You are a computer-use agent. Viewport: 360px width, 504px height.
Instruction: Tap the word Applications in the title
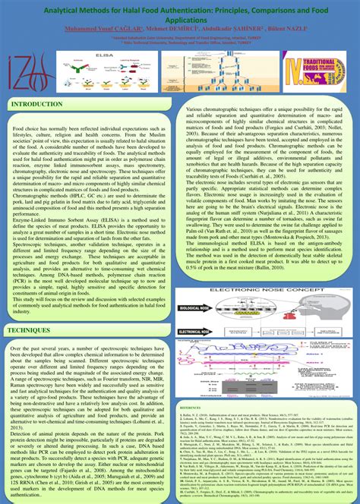pyautogui.click(x=180, y=22)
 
